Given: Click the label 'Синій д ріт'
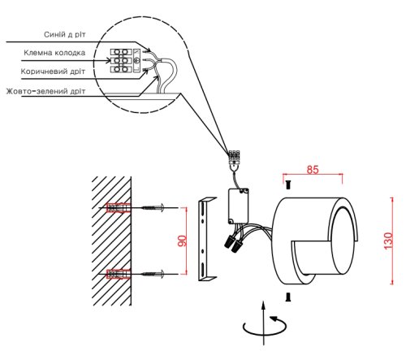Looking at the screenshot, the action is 65,35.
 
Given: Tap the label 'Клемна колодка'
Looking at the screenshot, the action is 54,53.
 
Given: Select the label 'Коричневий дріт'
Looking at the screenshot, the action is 53,72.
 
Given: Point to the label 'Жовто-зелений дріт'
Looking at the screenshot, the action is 45,91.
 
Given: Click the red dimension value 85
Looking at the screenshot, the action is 313,170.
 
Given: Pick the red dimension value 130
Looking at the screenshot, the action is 388,241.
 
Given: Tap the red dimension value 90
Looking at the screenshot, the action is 182,241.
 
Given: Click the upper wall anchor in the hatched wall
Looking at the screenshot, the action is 119,208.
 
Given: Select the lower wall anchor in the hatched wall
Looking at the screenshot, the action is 119,274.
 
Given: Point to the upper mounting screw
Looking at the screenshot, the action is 153,208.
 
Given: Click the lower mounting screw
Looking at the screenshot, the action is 153,274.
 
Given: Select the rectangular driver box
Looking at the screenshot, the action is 239,206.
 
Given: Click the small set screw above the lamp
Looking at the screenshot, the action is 288,185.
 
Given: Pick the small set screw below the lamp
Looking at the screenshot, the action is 288,297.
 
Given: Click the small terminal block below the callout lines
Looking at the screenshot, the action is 235,157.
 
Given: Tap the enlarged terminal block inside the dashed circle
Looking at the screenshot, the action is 121,61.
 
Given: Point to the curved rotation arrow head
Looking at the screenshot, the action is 274,319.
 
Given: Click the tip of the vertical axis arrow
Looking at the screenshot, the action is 263,301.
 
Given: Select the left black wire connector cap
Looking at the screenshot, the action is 229,241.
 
